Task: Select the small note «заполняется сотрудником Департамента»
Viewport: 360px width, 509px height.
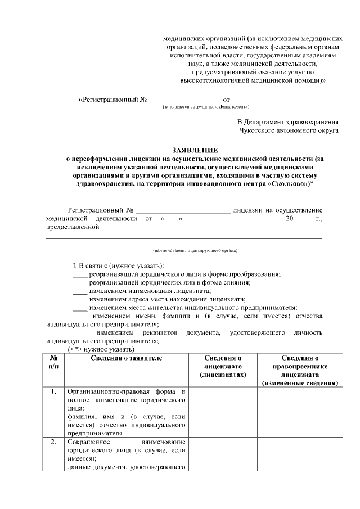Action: pos(206,107)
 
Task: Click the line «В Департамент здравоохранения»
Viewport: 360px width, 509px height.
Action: pos(287,121)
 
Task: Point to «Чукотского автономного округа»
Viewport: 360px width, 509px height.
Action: pos(289,130)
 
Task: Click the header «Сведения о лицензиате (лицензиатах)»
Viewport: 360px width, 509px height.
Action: pos(223,367)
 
